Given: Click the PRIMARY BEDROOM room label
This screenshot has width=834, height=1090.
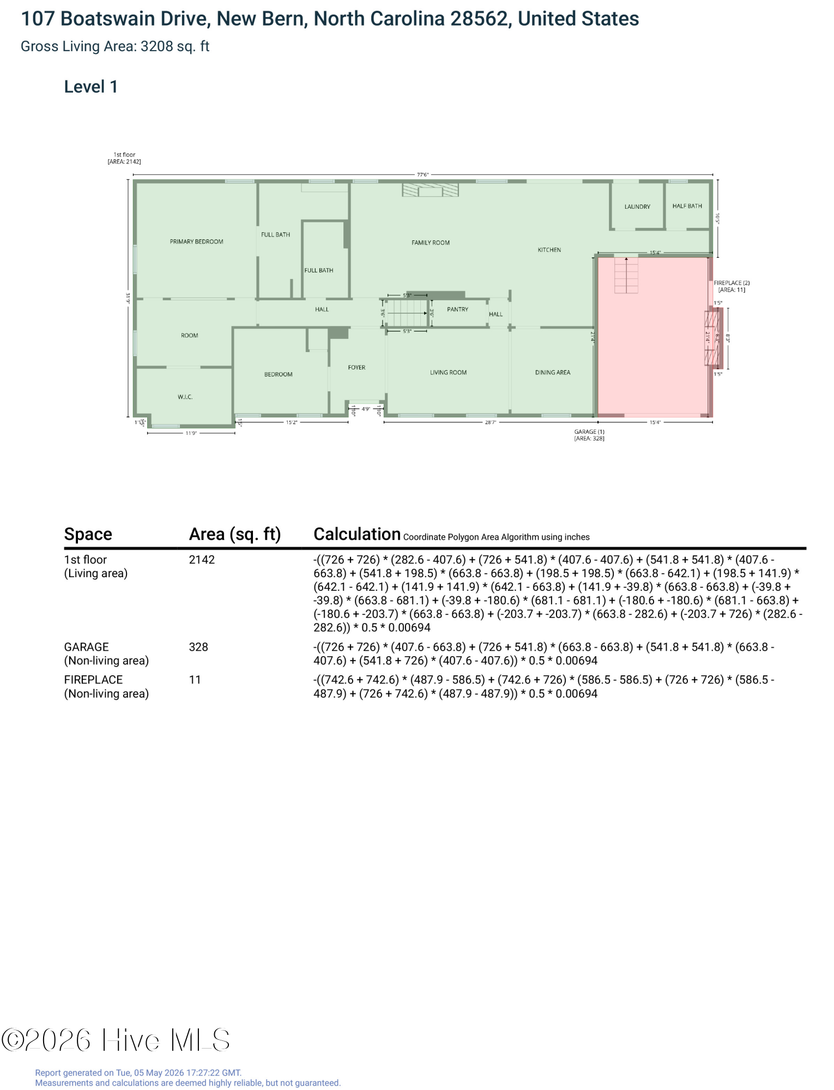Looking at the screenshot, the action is pos(196,241).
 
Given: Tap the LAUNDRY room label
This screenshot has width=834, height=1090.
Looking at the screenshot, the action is pos(637,207).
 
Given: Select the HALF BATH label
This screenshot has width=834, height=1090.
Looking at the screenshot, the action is pos(687,206).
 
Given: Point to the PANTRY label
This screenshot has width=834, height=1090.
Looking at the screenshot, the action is pos(457,309).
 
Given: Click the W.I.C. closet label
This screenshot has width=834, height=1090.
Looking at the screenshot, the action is pos(185,397).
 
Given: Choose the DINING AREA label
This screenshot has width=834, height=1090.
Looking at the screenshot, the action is pos(553,372).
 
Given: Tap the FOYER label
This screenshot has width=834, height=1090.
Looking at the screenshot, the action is pos(356,367).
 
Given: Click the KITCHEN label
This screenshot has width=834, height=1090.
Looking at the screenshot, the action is pos(549,250).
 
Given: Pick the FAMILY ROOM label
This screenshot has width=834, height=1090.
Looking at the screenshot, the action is pos(431,243).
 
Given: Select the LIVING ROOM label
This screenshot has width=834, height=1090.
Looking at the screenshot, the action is pos(448,372).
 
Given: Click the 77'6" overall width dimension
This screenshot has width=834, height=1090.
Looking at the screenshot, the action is pos(423,175).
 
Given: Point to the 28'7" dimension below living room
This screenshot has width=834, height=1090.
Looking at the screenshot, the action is pos(491,422).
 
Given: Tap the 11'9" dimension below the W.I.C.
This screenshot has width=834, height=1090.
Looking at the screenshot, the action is pos(191,433).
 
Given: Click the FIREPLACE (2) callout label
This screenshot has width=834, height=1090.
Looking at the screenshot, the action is pos(732,283).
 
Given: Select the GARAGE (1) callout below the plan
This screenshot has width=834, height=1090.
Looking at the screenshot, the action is pos(589,432).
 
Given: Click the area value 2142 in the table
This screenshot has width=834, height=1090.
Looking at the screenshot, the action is pos(202,560).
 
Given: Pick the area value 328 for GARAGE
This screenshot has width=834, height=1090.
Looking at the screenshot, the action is pos(198,647).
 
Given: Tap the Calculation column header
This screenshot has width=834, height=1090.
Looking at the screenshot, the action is pos(357,534).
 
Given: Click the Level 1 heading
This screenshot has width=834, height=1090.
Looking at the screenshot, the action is pos(91,87).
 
